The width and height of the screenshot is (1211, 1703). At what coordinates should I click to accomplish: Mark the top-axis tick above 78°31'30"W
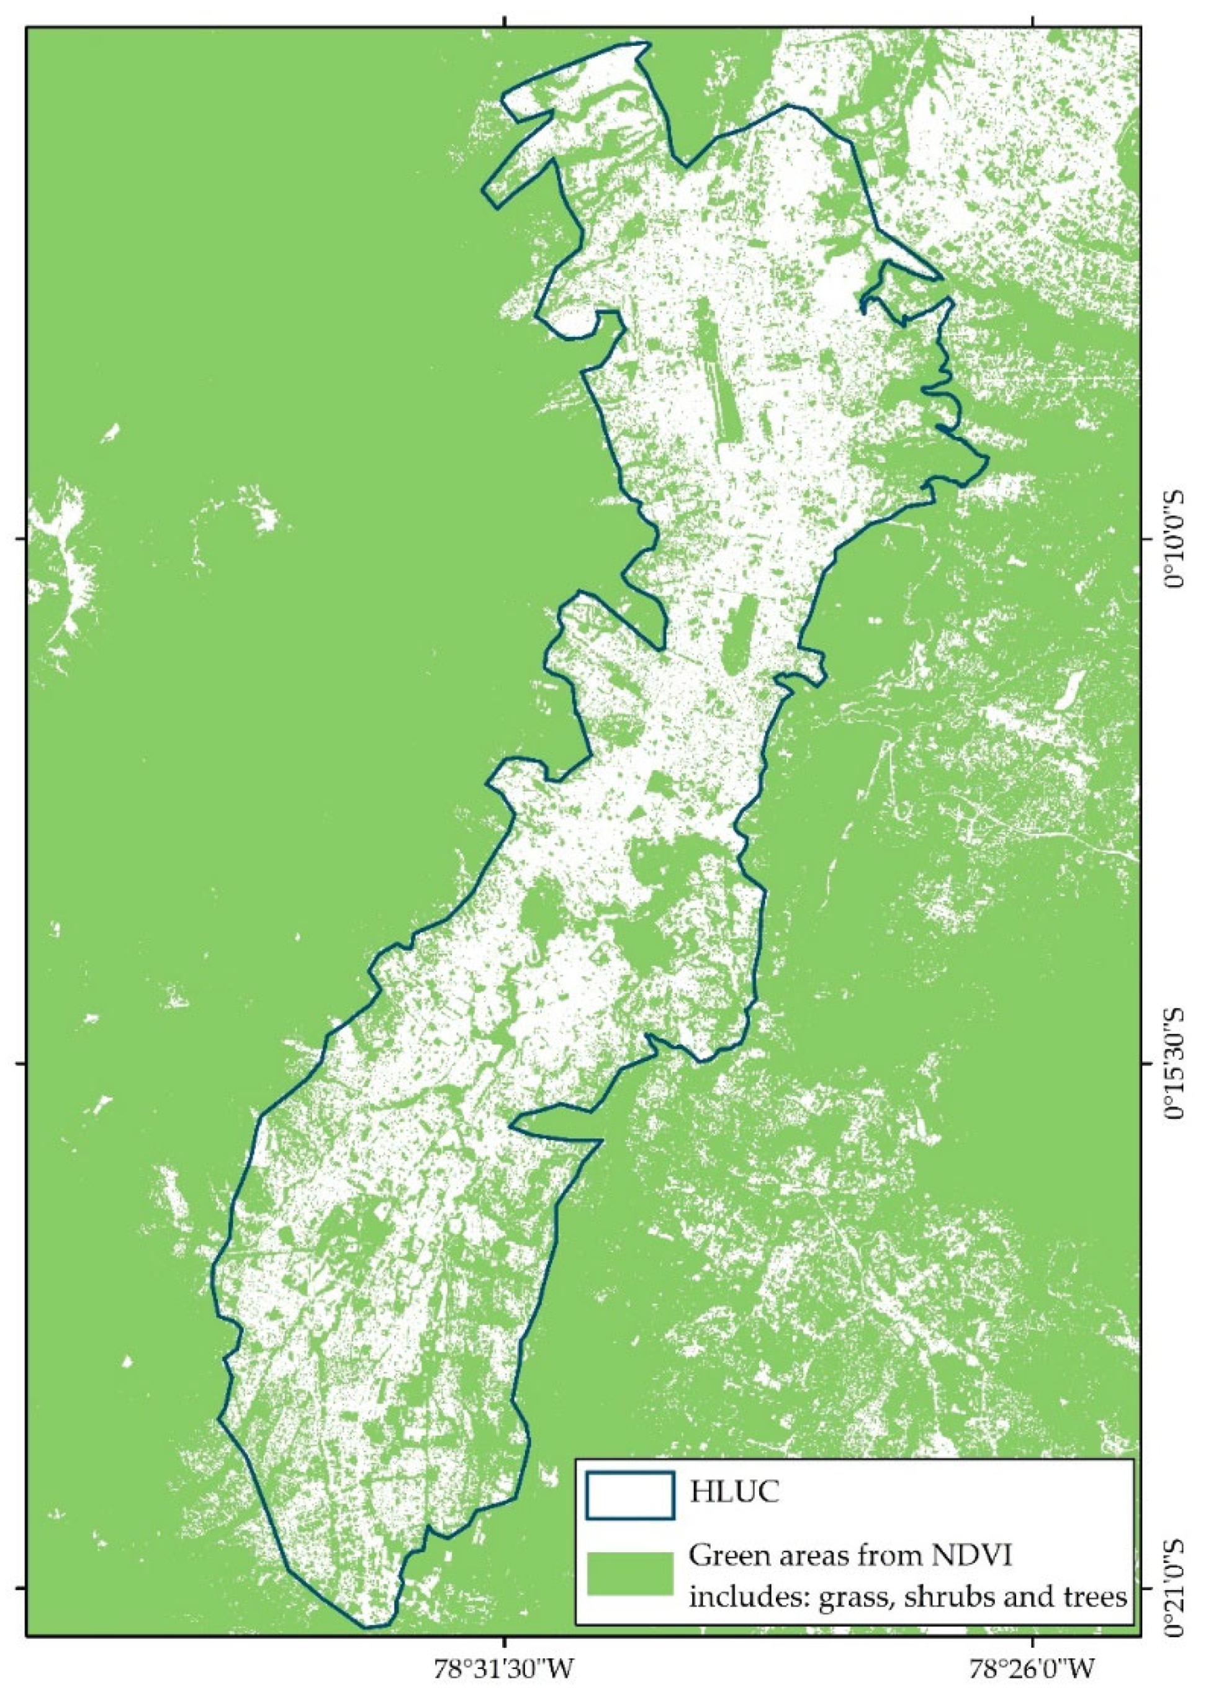coord(506,22)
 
